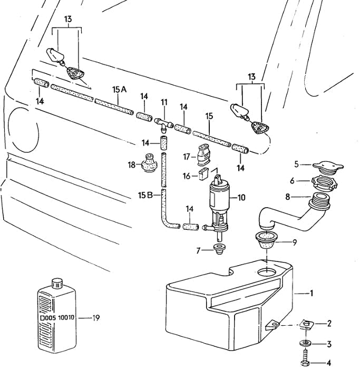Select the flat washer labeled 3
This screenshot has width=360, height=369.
tap(306, 343)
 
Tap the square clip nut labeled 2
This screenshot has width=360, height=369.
tap(306, 325)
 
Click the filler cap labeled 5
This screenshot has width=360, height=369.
tap(328, 168)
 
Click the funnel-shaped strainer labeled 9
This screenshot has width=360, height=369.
tap(266, 239)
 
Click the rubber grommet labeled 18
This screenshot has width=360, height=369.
tap(149, 163)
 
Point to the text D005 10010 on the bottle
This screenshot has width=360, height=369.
tap(57, 318)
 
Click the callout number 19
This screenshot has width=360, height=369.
tap(96, 318)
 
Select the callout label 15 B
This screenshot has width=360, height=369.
tap(145, 196)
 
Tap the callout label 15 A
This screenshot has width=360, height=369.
tap(119, 90)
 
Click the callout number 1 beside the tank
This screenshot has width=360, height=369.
tap(312, 293)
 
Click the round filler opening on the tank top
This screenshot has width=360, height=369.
tap(267, 273)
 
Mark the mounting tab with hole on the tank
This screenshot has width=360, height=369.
tap(272, 325)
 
